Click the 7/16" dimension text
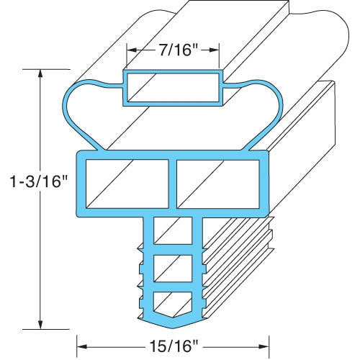[x=174, y=50]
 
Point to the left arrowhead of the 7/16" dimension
[x=132, y=50]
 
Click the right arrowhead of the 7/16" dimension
[x=216, y=50]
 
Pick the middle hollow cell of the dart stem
[x=173, y=269]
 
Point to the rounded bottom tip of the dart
[x=173, y=320]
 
